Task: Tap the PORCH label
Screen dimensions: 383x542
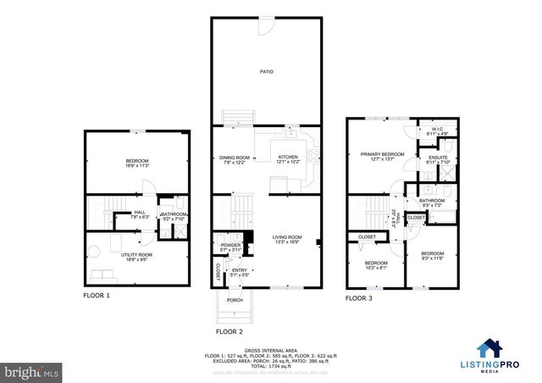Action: (x=235, y=300)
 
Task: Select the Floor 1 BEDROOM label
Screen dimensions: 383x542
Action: (x=136, y=163)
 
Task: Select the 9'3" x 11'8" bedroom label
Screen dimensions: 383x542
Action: (x=432, y=254)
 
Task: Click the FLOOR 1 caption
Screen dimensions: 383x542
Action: (x=96, y=296)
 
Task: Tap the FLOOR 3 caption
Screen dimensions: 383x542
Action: (x=359, y=298)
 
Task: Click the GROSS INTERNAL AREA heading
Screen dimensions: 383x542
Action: (x=270, y=349)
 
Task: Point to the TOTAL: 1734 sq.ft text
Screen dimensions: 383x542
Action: (x=270, y=365)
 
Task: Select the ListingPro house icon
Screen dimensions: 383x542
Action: (x=490, y=347)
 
